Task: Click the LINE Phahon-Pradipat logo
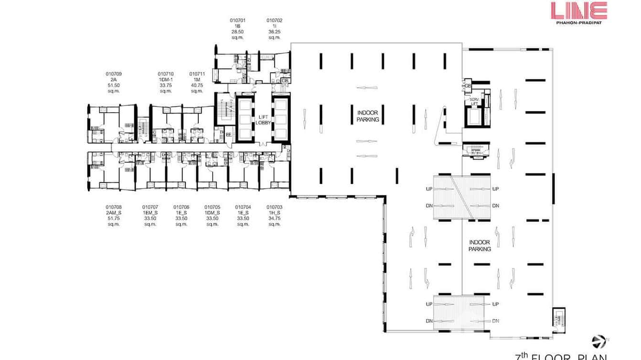pyautogui.click(x=578, y=13)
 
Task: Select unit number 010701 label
pyautogui.click(x=237, y=21)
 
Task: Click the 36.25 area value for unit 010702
pyautogui.click(x=274, y=32)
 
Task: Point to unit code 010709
pyautogui.click(x=114, y=74)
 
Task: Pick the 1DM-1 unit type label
pyautogui.click(x=166, y=80)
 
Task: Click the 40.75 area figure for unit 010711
pyautogui.click(x=197, y=85)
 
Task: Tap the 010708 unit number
pyautogui.click(x=114, y=207)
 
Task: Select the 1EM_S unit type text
pyautogui.click(x=150, y=213)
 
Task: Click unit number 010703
pyautogui.click(x=274, y=207)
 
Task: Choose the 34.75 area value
pyautogui.click(x=274, y=219)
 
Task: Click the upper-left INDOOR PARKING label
pyautogui.click(x=368, y=116)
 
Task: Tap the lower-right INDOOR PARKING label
pyautogui.click(x=480, y=246)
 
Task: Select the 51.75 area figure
pyautogui.click(x=114, y=219)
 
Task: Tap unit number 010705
pyautogui.click(x=212, y=207)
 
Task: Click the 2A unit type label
pyautogui.click(x=114, y=80)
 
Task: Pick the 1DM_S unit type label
pyautogui.click(x=212, y=213)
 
